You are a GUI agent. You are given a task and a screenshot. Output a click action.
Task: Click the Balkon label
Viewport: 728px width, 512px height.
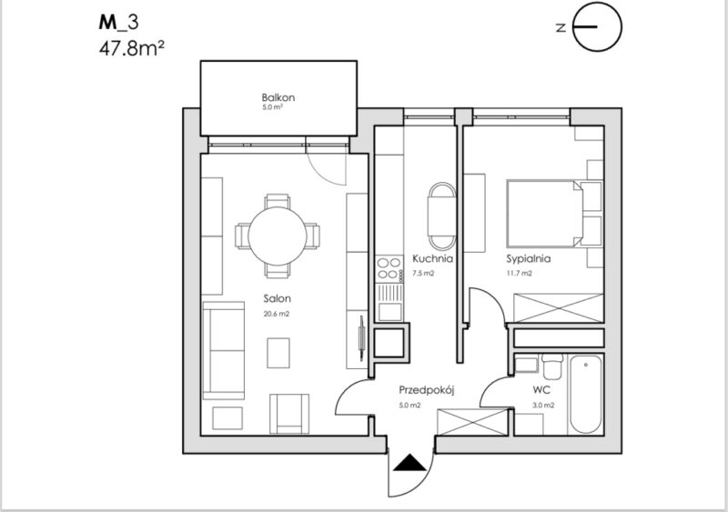pyautogui.click(x=278, y=97)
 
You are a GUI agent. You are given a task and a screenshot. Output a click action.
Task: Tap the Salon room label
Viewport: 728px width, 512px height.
pyautogui.click(x=278, y=298)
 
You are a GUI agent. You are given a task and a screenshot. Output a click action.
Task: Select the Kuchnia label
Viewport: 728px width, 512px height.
pyautogui.click(x=432, y=258)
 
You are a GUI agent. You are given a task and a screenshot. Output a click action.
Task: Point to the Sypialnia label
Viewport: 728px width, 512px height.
pyautogui.click(x=529, y=258)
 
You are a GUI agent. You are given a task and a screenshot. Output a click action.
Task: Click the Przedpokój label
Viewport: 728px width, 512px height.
pyautogui.click(x=426, y=390)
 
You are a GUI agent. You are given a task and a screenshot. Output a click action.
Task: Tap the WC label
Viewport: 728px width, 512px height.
pyautogui.click(x=541, y=390)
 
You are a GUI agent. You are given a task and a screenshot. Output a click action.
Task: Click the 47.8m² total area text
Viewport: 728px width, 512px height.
pyautogui.click(x=132, y=48)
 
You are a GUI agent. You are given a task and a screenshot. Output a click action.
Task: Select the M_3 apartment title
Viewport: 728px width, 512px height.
pyautogui.click(x=118, y=23)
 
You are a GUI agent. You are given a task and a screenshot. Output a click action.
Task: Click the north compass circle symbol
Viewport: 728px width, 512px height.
pyautogui.click(x=597, y=26)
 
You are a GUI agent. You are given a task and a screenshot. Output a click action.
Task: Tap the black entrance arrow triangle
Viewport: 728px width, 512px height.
pyautogui.click(x=409, y=463)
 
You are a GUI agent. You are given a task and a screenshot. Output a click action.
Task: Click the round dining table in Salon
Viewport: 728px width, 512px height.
pyautogui.click(x=278, y=236)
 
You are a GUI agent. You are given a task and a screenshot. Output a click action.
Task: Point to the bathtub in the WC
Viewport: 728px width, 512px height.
pyautogui.click(x=586, y=394)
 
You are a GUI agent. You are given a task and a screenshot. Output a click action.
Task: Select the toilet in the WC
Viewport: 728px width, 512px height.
pyautogui.click(x=552, y=366)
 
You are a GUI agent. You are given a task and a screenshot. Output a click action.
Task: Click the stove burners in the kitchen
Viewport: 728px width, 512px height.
pyautogui.click(x=389, y=269)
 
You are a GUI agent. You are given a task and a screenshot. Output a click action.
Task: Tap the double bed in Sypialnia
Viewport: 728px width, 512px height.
pyautogui.click(x=544, y=214)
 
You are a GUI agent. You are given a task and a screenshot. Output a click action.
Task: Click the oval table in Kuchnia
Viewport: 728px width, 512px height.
pyautogui.click(x=441, y=216)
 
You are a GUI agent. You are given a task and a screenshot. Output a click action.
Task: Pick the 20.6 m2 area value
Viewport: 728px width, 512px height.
pyautogui.click(x=277, y=314)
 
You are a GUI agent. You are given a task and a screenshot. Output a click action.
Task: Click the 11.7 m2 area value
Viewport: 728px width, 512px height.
pyautogui.click(x=519, y=274)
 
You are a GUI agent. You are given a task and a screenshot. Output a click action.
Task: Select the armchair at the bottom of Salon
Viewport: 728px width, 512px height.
pyautogui.click(x=289, y=414)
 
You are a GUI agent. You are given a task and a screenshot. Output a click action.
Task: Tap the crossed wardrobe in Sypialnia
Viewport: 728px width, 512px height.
pyautogui.click(x=559, y=307)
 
